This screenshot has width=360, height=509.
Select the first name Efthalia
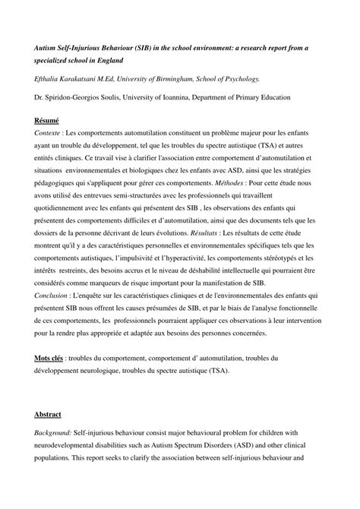point(50,78)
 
